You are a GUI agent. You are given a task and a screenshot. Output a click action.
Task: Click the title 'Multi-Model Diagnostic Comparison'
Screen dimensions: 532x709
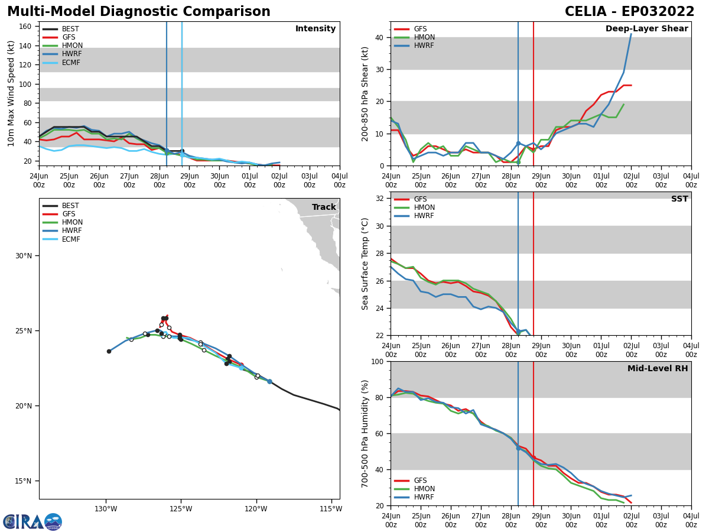coord(139,12)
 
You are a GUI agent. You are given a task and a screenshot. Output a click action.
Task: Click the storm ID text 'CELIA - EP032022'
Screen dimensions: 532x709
coord(629,12)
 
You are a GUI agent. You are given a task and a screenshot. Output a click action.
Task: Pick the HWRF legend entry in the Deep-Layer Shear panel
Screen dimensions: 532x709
coord(422,46)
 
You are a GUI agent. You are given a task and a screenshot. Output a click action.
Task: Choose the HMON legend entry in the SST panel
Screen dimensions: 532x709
coord(422,207)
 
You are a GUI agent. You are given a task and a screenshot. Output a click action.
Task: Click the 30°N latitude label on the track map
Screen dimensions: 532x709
coord(24,256)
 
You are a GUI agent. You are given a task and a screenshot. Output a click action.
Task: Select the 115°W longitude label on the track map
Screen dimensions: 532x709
coord(330,509)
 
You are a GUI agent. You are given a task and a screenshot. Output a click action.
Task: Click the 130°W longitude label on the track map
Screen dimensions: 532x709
coord(106,509)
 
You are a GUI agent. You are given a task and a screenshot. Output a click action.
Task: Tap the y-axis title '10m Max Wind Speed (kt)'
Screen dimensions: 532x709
coord(11,93)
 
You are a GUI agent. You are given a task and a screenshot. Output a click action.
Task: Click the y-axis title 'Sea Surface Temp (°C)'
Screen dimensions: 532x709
coord(365,264)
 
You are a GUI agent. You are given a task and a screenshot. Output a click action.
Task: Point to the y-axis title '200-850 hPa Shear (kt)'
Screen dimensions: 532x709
coord(365,93)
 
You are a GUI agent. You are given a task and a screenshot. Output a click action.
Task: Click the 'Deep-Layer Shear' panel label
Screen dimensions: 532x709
coord(646,29)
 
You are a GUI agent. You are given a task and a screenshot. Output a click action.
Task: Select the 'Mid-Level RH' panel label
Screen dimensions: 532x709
coord(657,369)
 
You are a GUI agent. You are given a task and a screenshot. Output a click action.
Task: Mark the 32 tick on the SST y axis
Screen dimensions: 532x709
coord(380,199)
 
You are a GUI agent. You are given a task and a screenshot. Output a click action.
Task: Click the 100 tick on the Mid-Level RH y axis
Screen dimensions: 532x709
coord(378,362)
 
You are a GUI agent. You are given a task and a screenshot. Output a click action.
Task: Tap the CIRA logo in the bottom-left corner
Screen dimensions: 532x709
coord(32,522)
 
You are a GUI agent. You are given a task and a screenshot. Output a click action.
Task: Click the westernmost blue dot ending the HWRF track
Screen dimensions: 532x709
coord(109,351)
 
